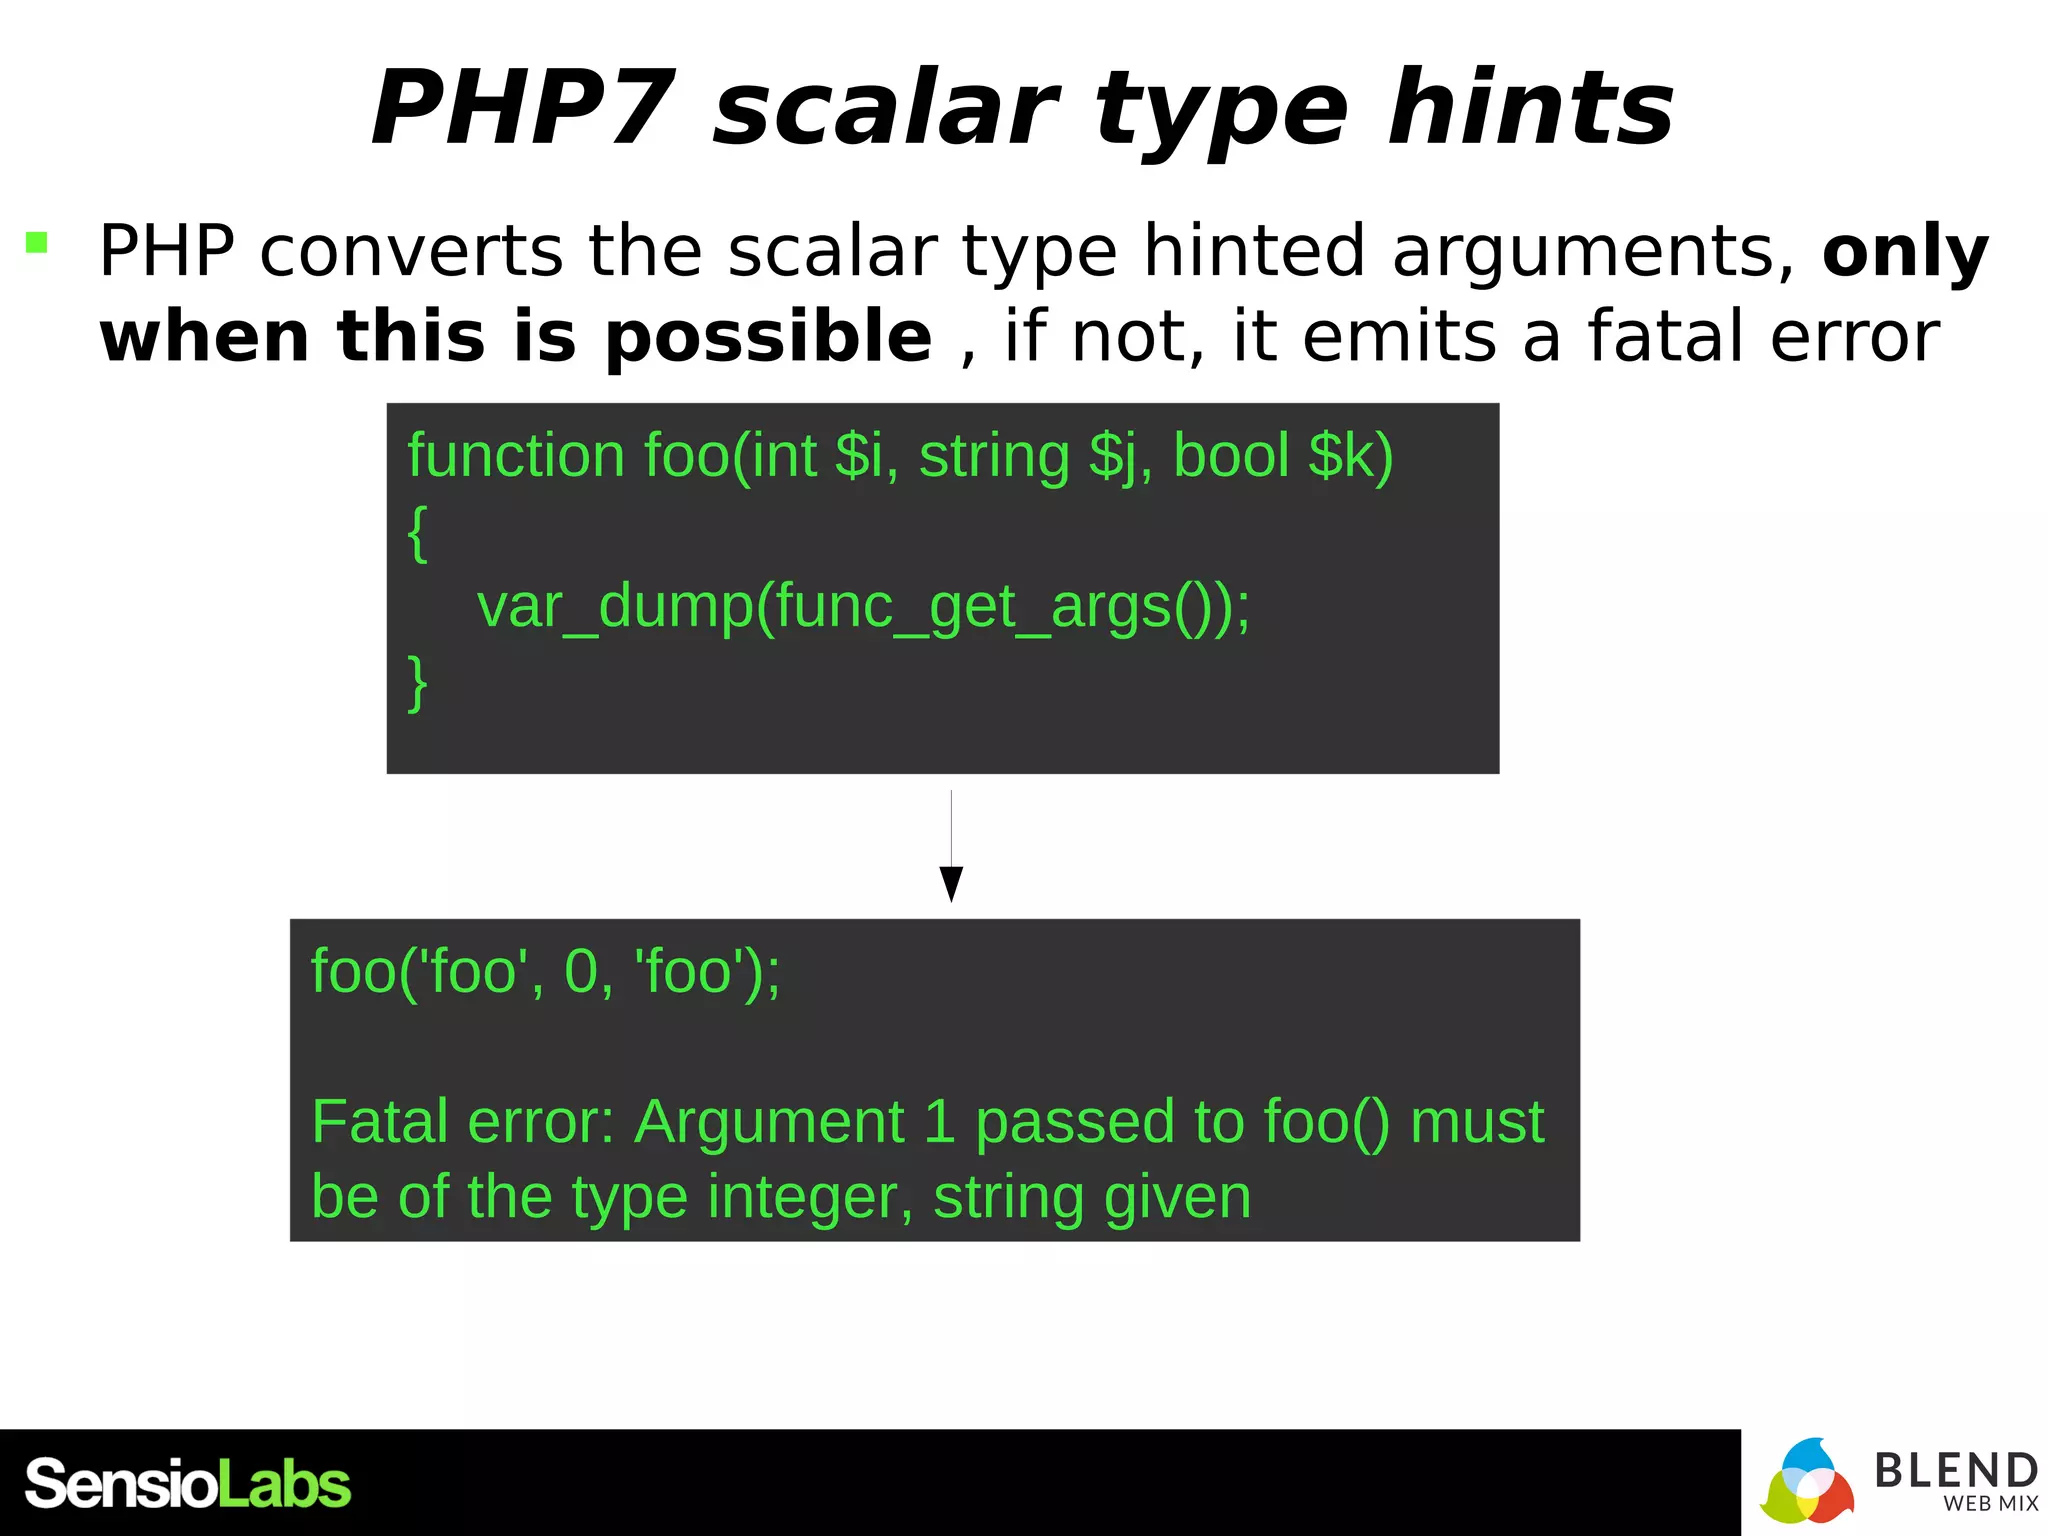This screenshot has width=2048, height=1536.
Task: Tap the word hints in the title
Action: tap(1530, 108)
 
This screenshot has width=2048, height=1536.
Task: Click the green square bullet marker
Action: tap(37, 242)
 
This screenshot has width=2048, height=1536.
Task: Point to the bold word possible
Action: tap(768, 336)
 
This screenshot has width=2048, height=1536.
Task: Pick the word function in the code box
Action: tap(516, 456)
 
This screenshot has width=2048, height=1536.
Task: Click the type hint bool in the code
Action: tap(1231, 456)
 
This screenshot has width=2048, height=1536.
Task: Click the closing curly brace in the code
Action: tap(418, 682)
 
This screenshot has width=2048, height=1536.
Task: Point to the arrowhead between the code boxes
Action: tap(951, 884)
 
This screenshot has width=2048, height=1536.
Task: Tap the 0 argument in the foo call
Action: tap(582, 971)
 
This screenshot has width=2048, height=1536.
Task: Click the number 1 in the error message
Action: tap(939, 1122)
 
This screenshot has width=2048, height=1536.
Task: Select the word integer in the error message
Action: tap(808, 1197)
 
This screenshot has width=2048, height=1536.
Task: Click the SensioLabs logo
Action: tap(188, 1484)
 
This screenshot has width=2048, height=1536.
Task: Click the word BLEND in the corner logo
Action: tap(1955, 1471)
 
